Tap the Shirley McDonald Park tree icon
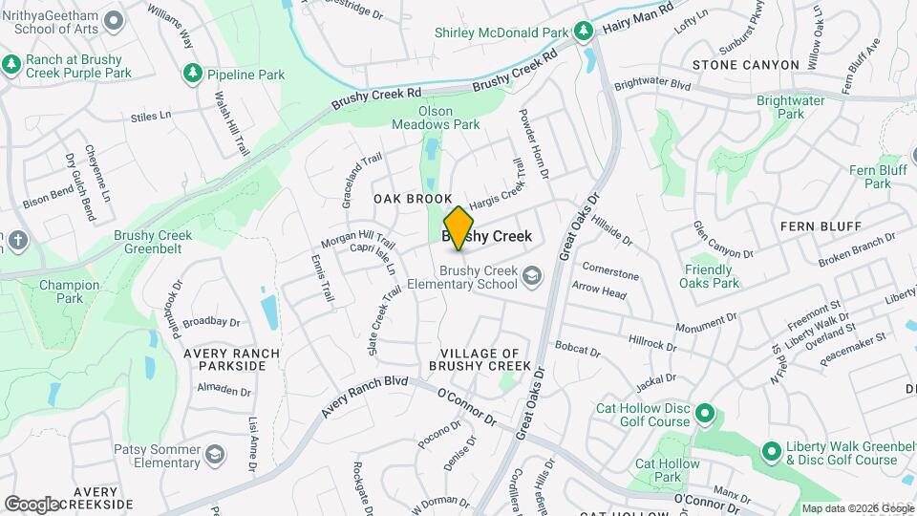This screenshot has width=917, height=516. pyautogui.click(x=583, y=32)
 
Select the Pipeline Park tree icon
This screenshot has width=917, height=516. pyautogui.click(x=193, y=74)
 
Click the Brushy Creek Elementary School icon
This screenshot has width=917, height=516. pyautogui.click(x=532, y=277)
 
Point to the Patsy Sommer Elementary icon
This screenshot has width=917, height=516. pyautogui.click(x=215, y=453)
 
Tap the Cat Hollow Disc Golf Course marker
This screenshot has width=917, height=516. pyautogui.click(x=705, y=414)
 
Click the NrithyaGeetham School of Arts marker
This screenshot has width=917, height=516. pyautogui.click(x=114, y=20)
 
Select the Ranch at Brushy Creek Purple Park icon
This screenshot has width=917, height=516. pyautogui.click(x=11, y=65)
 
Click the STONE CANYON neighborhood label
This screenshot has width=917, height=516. pyautogui.click(x=745, y=65)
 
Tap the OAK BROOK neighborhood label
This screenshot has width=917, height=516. pyautogui.click(x=412, y=199)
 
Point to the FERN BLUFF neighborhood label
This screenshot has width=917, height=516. pyautogui.click(x=821, y=226)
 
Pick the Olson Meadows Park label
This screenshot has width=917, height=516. pyautogui.click(x=436, y=117)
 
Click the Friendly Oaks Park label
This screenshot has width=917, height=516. pyautogui.click(x=711, y=276)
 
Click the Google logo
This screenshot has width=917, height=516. pyautogui.click(x=31, y=504)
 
